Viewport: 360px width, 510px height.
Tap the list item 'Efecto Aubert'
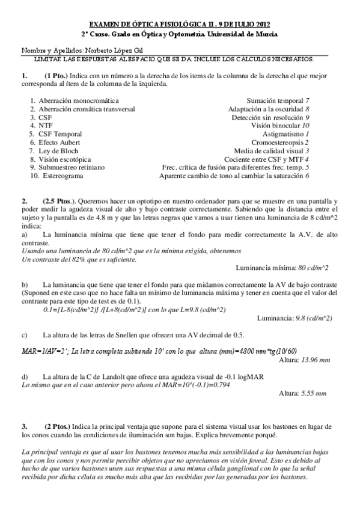[x=59, y=143]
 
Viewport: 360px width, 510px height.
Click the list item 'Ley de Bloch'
[x=58, y=151]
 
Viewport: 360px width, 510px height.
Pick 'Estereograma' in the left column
[x=61, y=176]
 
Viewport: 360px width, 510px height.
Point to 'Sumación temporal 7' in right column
[x=278, y=100]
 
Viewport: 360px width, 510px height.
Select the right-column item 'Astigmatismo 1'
[x=285, y=134]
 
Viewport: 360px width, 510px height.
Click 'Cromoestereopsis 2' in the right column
[x=280, y=143]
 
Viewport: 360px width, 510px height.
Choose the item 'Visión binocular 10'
[x=281, y=125]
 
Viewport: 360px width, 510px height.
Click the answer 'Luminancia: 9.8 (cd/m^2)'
[x=294, y=318]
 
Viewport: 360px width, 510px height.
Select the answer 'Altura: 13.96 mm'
[x=305, y=360]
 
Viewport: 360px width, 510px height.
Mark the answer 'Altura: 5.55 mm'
[x=303, y=393]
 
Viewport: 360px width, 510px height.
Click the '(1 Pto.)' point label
[x=55, y=76]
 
